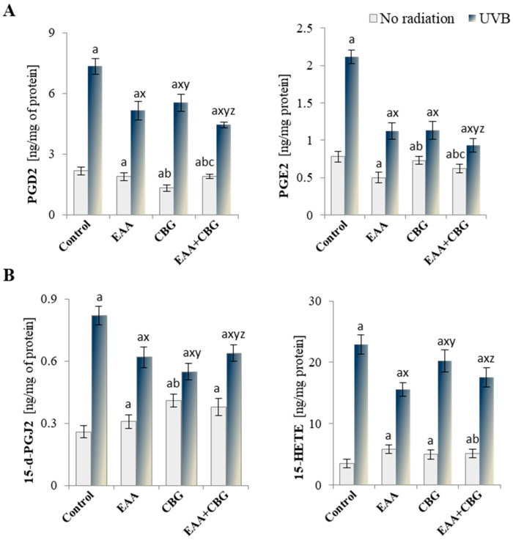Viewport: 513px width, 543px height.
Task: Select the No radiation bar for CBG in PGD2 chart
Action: pos(166,201)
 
